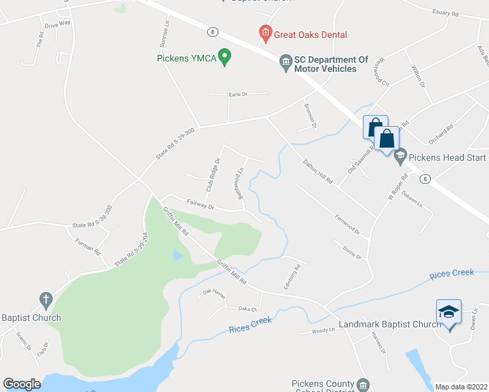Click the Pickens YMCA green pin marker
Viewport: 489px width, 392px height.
(x=225, y=57)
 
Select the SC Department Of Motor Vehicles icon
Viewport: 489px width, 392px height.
(x=286, y=63)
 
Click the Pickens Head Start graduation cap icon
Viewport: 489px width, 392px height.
(x=399, y=156)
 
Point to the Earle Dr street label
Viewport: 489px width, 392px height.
(x=238, y=94)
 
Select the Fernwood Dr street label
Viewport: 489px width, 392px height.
(x=347, y=221)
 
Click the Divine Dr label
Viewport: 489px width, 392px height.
(x=350, y=252)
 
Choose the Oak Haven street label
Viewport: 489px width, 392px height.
(x=213, y=295)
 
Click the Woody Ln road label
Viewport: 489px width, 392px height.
(x=323, y=331)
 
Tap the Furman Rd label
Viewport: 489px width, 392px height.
(x=88, y=246)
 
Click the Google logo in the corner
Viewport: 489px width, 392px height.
(x=22, y=384)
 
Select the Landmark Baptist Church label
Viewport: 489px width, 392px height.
(x=391, y=325)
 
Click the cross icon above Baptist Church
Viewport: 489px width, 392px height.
(x=45, y=301)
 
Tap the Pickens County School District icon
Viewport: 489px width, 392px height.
(x=363, y=384)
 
